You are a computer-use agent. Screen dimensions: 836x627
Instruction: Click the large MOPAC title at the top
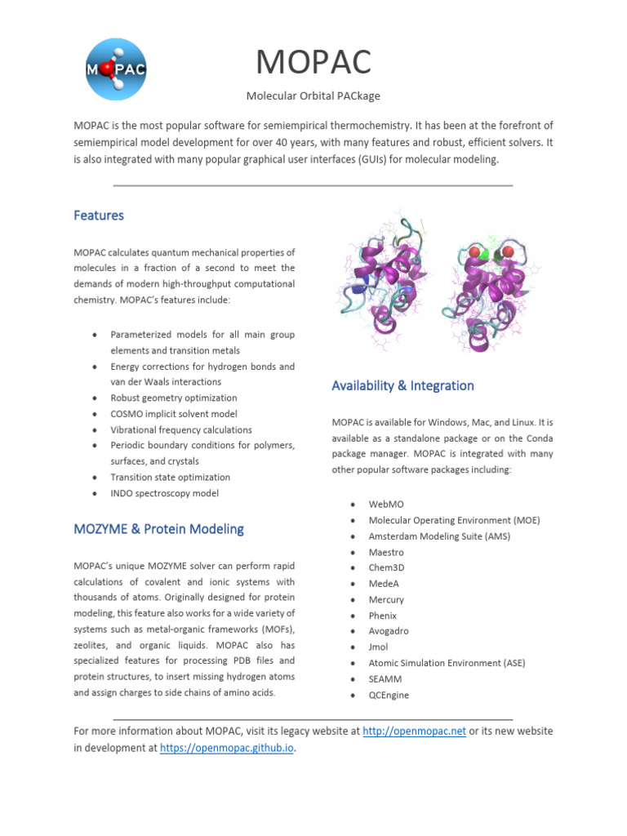[313, 62]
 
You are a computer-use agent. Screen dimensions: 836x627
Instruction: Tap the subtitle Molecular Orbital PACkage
[313, 96]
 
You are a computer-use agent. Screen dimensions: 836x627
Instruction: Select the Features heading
[99, 216]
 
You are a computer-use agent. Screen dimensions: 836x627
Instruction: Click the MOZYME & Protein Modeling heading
[158, 529]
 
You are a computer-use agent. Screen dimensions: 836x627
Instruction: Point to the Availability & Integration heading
[402, 385]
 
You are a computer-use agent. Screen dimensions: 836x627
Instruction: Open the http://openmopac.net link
[414, 731]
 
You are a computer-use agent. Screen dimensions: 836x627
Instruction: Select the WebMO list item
[386, 505]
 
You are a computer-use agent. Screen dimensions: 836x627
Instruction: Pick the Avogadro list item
[389, 631]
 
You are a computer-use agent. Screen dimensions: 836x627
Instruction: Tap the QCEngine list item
[389, 695]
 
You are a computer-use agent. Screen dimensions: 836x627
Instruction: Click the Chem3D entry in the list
[386, 567]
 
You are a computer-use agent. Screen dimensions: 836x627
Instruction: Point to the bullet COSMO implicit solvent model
[174, 414]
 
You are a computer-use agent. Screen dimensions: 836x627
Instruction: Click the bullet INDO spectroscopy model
[164, 493]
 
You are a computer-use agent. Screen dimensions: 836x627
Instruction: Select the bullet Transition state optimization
[170, 477]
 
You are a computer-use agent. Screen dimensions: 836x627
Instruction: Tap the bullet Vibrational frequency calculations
[181, 429]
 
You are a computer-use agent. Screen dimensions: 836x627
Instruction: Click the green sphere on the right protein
[484, 256]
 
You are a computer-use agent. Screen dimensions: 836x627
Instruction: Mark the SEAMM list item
[385, 678]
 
